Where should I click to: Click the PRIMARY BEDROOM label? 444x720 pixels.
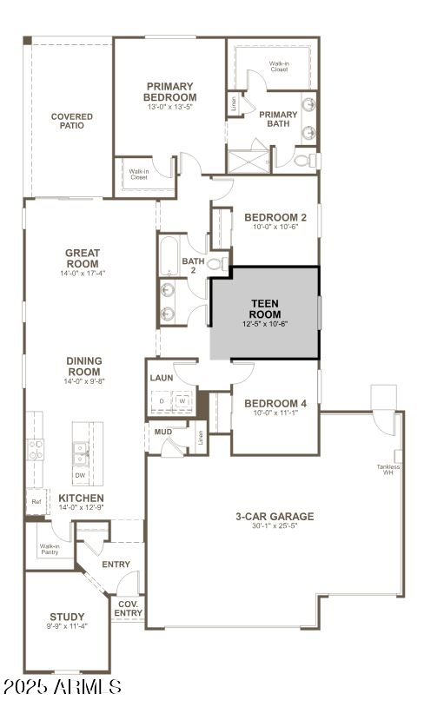click(170, 92)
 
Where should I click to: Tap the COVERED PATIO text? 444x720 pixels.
click(72, 122)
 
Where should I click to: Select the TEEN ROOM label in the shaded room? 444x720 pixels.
click(264, 308)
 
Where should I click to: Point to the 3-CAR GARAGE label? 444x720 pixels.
click(275, 516)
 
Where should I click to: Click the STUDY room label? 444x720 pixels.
click(67, 616)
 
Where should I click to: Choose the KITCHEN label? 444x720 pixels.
click(81, 498)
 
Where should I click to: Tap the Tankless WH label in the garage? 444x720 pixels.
click(388, 470)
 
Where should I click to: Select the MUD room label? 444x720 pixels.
click(163, 432)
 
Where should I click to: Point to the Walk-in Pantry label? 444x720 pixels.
click(49, 549)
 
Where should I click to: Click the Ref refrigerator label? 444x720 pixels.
click(36, 501)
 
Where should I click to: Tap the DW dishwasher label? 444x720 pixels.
click(80, 475)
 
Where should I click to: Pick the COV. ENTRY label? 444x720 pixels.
click(128, 609)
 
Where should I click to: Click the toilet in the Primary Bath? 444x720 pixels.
click(303, 161)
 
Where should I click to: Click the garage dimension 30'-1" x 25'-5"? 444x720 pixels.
click(275, 526)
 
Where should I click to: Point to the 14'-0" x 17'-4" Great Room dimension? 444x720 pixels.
click(83, 273)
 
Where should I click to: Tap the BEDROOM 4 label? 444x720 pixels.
click(275, 403)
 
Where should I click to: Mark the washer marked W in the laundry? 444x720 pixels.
click(183, 401)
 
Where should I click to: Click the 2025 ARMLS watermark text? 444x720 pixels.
click(62, 687)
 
